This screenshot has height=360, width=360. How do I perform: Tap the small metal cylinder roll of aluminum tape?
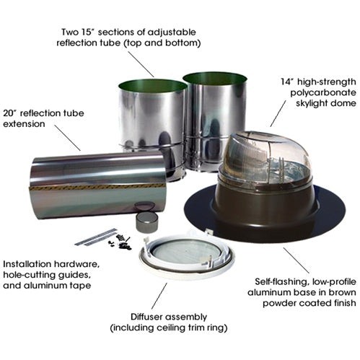146,222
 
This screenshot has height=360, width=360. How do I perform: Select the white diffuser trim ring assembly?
187,255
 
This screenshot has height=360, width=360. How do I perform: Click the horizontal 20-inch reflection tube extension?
98,185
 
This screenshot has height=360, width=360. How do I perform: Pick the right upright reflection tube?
215,120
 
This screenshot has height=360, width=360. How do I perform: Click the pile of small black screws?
121,242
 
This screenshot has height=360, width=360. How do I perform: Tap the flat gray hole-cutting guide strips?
95,237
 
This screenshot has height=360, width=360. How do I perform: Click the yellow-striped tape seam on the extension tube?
96,187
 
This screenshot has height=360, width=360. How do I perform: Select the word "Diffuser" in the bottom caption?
145,317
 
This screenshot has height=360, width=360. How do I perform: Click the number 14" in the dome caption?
287,82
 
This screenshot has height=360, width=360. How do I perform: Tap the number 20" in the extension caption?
10,113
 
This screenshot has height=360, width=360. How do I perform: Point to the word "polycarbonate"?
323,93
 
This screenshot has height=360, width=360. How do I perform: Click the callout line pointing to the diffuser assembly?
159,296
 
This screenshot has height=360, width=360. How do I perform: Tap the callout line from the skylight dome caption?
278,113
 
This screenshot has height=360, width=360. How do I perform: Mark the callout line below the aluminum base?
296,260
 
